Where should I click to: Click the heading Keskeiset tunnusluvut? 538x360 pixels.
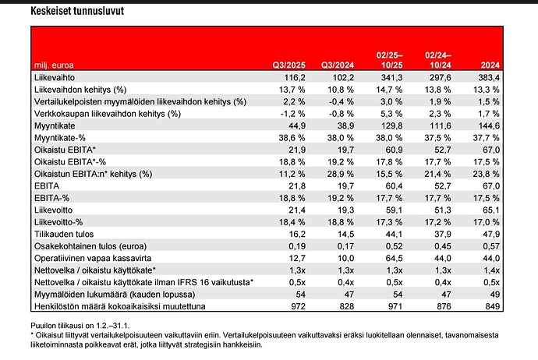click(x=77, y=11)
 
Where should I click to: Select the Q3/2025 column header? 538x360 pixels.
click(x=289, y=65)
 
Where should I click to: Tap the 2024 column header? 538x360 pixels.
click(x=490, y=65)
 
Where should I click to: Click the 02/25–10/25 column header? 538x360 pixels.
click(x=389, y=60)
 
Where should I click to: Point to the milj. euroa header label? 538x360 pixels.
click(x=54, y=65)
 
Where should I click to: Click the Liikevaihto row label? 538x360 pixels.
click(x=55, y=77)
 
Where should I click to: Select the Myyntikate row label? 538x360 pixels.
click(x=55, y=125)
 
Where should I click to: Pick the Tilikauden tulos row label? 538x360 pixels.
click(x=64, y=235)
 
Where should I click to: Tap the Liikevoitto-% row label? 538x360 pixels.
click(x=58, y=222)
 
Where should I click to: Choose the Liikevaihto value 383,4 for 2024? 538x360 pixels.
click(x=489, y=77)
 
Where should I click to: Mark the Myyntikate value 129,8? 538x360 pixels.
click(x=392, y=125)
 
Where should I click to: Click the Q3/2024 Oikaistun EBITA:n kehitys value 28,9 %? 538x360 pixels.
click(x=341, y=174)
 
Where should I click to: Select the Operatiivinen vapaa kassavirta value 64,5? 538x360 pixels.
click(x=394, y=258)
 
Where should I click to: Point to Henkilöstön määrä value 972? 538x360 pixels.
click(x=298, y=306)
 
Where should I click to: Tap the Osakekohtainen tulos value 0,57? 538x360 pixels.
click(x=491, y=246)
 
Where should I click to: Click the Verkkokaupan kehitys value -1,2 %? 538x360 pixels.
click(x=292, y=114)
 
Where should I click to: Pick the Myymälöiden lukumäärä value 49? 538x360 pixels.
click(x=495, y=295)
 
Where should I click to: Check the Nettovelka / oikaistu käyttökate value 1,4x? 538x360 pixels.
click(x=491, y=270)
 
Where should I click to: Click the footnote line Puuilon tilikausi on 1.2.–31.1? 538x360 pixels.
click(x=80, y=326)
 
